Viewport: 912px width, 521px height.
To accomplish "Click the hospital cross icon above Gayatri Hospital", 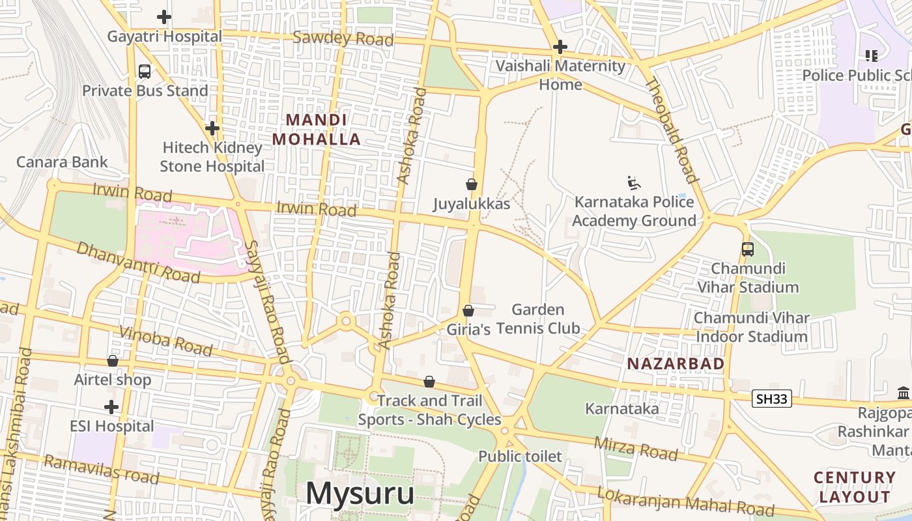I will (164, 17).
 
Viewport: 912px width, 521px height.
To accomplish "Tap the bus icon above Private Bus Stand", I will (145, 72).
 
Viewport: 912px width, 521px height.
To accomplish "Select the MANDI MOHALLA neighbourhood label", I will (316, 130).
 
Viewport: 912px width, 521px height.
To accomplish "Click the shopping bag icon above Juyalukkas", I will (472, 185).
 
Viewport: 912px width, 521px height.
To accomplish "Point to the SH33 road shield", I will (772, 399).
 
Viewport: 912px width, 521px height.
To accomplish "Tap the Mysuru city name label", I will (360, 493).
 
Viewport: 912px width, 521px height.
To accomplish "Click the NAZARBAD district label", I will (676, 364).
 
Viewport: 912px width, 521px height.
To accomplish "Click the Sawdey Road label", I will (343, 38).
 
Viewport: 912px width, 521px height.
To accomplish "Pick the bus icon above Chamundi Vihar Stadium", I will (748, 249).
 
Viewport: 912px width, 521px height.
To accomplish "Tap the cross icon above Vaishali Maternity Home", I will (560, 47).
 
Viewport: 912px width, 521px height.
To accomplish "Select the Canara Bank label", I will (62, 162).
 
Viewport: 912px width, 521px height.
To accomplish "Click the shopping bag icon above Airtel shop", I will (113, 361).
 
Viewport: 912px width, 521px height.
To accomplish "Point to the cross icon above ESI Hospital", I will (111, 408).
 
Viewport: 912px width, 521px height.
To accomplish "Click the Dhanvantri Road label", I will (138, 262).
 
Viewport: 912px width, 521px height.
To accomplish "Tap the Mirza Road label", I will (636, 448).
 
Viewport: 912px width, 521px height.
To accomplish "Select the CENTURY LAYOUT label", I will (855, 487).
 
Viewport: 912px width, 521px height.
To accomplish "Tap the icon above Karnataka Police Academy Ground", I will (633, 183).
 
